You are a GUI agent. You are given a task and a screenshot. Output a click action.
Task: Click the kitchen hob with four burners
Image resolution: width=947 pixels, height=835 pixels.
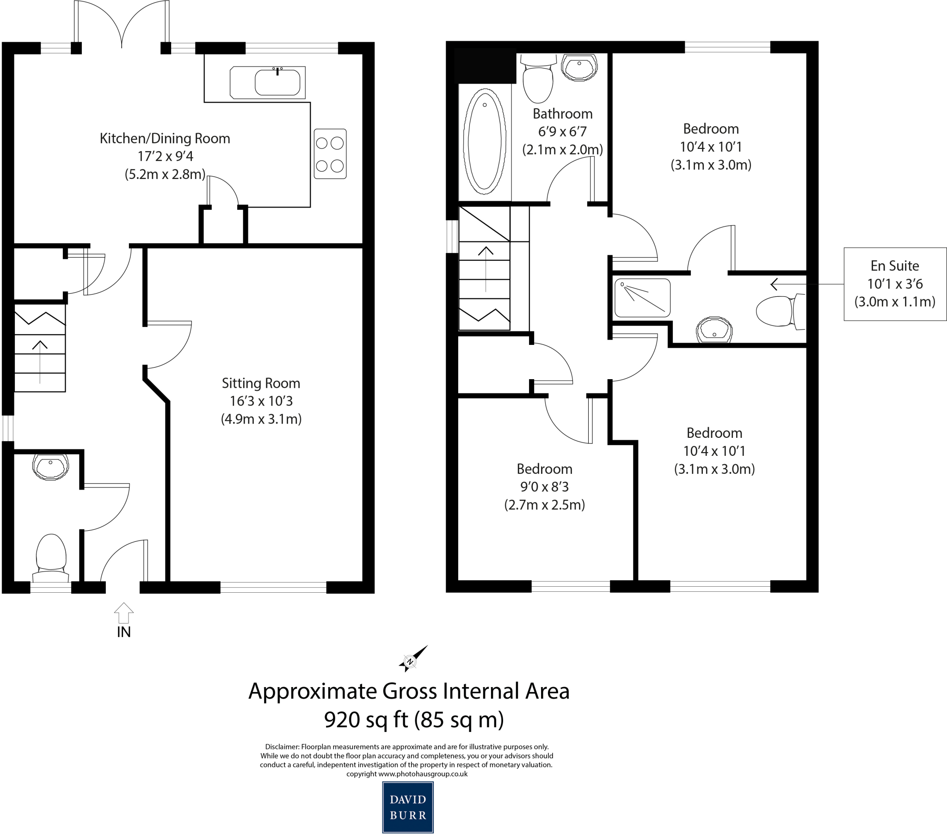[x=330, y=154]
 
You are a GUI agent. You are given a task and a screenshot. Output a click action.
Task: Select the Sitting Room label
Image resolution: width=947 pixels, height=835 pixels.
[x=261, y=383]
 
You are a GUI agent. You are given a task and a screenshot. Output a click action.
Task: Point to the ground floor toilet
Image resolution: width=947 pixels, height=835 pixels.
[x=51, y=556]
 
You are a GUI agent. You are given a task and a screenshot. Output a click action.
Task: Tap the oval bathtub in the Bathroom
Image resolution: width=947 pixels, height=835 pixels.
[x=484, y=141]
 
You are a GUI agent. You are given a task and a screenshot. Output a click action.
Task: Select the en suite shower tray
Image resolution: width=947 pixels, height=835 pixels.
[x=642, y=298]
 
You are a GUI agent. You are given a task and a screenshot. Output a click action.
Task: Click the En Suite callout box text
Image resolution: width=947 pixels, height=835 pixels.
[x=895, y=284]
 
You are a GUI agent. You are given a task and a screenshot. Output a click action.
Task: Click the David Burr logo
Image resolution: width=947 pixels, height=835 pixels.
[x=408, y=807]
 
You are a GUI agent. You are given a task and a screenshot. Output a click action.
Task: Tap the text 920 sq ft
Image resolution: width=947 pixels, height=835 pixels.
[x=366, y=720]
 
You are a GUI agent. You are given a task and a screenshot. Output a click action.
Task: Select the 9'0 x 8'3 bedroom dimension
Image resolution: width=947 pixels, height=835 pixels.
[x=544, y=486]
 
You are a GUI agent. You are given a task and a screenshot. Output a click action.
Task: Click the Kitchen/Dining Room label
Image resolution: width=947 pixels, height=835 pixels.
[x=165, y=138]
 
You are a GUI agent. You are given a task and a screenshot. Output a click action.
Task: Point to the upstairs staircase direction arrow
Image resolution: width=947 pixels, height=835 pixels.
[x=486, y=269]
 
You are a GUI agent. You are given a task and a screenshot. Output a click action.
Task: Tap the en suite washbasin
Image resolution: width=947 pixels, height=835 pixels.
[x=714, y=330]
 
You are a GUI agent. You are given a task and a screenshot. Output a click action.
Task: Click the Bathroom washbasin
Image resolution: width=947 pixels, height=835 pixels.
[x=578, y=67]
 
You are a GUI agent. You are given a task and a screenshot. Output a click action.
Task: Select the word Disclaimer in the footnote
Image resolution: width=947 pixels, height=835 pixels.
[x=282, y=747]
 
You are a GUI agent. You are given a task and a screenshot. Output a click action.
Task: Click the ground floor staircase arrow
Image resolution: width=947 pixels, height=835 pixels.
[x=40, y=362]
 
